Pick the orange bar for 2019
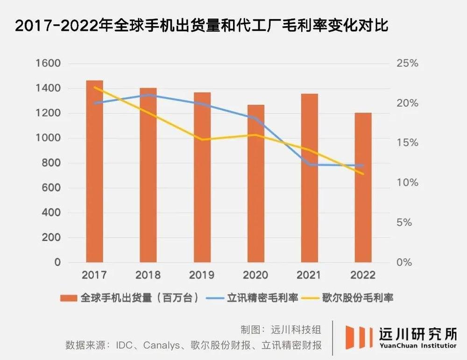point(202,177)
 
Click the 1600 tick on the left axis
point(48,64)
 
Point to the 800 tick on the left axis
point(51,163)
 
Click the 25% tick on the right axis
point(407,64)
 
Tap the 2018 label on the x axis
point(148,275)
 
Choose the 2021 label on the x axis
point(309,275)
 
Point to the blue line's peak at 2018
point(148,95)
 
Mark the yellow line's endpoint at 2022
point(363,174)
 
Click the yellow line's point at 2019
point(202,139)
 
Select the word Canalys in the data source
point(163,346)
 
